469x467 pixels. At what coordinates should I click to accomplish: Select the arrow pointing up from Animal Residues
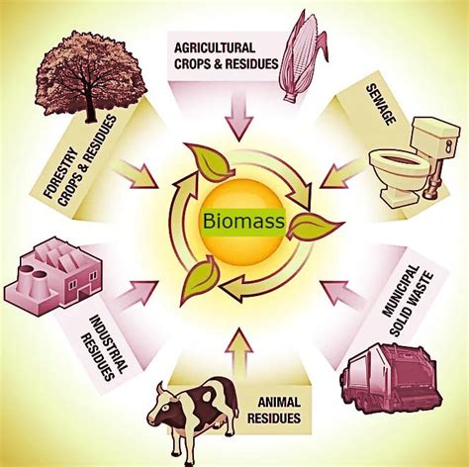click(x=235, y=340)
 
